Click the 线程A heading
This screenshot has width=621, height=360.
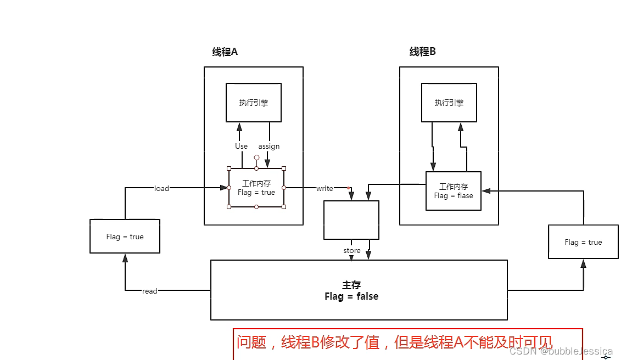(225, 52)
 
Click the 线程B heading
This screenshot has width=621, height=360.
(422, 52)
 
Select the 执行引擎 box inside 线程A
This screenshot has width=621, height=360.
(254, 103)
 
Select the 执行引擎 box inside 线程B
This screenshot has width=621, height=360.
(449, 103)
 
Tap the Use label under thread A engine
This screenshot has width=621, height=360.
(241, 147)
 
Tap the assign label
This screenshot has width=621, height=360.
(269, 147)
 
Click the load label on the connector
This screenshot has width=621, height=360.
(161, 188)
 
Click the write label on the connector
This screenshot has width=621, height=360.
(324, 188)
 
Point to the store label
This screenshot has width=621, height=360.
(352, 251)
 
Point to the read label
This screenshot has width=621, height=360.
(149, 291)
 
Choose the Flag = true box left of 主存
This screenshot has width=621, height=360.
(125, 237)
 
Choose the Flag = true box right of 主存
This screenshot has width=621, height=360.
(583, 242)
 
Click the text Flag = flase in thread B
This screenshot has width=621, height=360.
(453, 196)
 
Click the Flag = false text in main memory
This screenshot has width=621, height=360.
(351, 296)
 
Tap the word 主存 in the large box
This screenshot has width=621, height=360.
(351, 285)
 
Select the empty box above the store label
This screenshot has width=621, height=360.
(351, 220)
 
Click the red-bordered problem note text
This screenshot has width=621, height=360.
(394, 342)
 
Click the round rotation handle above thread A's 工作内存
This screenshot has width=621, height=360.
(256, 157)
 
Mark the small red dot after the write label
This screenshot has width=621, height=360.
(349, 188)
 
